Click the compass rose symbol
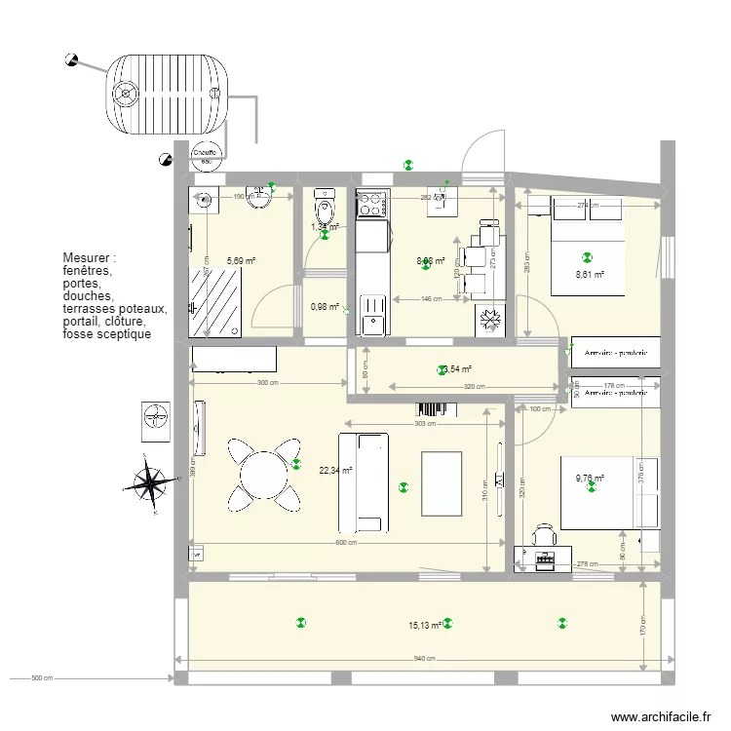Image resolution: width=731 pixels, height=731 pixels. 149,481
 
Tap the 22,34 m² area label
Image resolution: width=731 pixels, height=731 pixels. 335,471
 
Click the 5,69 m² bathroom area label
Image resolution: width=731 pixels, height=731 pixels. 241,261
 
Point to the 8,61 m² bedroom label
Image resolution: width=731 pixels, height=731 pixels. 590,275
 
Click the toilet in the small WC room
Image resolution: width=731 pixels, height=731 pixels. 325,207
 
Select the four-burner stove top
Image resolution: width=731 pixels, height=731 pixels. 371,205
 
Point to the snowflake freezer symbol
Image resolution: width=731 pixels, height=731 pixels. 488,321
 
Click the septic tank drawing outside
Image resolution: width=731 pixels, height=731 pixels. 168,92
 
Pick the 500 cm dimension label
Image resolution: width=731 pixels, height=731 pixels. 40,677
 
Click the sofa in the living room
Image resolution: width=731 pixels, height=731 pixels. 370,477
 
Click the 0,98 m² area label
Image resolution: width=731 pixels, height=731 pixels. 325,307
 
